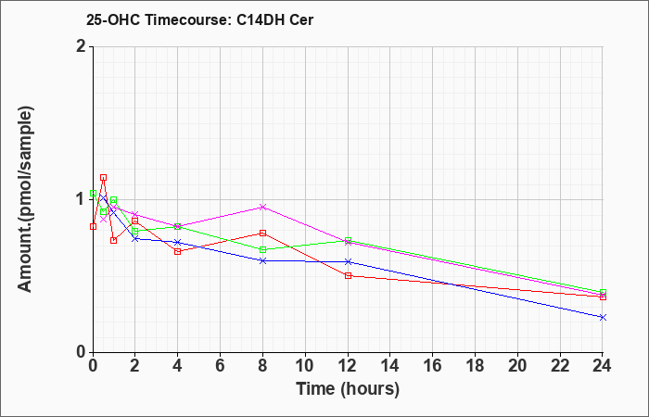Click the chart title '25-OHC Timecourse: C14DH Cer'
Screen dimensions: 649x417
[x=199, y=19]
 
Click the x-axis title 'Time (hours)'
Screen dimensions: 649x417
[x=348, y=389]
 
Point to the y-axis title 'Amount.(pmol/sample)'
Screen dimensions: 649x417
[x=26, y=199]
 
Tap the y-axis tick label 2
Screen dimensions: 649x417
[x=82, y=46]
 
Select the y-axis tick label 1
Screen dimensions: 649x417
[x=82, y=200]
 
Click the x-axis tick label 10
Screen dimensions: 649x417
[x=305, y=366]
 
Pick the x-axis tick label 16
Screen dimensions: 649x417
[x=433, y=366]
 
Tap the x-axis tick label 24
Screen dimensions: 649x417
[x=603, y=366]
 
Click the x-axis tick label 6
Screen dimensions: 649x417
[x=221, y=366]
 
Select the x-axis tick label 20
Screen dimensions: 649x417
[x=517, y=366]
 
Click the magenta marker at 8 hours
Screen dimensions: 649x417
[x=262, y=207]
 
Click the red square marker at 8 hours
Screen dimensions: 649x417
[x=262, y=233]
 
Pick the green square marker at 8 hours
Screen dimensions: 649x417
[x=262, y=250]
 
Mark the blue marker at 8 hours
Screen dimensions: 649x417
[x=262, y=261]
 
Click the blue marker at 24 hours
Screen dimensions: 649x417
[x=603, y=317]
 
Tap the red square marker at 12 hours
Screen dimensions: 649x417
[x=348, y=275]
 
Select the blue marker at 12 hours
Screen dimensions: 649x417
[x=348, y=262]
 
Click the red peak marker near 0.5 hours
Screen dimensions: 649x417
[x=104, y=178]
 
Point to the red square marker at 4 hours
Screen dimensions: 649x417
[x=178, y=251]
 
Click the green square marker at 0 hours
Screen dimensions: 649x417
[x=93, y=193]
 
